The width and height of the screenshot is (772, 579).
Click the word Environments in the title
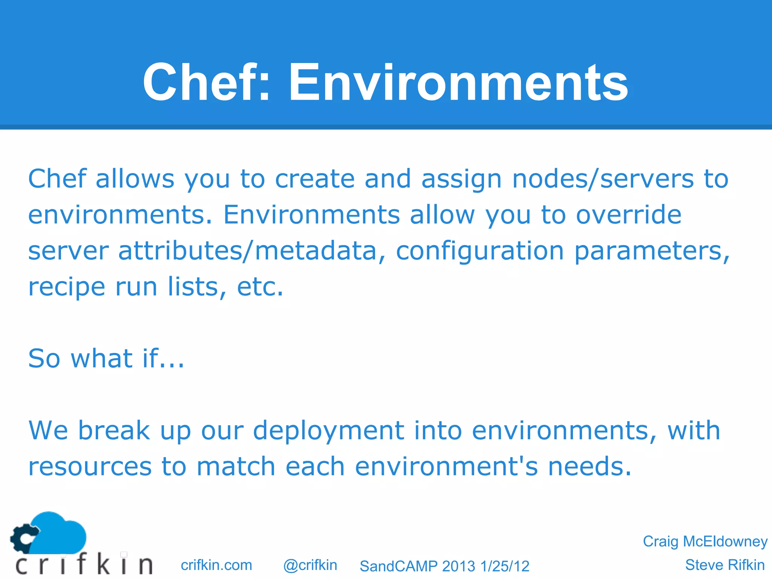point(458,82)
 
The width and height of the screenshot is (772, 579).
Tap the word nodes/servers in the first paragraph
point(602,179)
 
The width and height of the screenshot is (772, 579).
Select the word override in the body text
point(628,215)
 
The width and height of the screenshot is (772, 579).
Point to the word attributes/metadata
point(247,251)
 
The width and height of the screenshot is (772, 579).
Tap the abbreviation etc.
point(260,287)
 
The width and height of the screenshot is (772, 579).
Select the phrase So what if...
point(106,358)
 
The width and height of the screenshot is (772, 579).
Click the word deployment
point(328,430)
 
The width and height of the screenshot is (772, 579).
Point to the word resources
point(90,467)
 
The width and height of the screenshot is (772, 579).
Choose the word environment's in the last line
point(446,467)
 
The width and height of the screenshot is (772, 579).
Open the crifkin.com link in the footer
point(216,565)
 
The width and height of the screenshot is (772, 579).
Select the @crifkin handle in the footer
point(310,565)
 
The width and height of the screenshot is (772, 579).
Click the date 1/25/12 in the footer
point(505,566)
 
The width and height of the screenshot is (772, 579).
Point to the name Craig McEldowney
point(705,541)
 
